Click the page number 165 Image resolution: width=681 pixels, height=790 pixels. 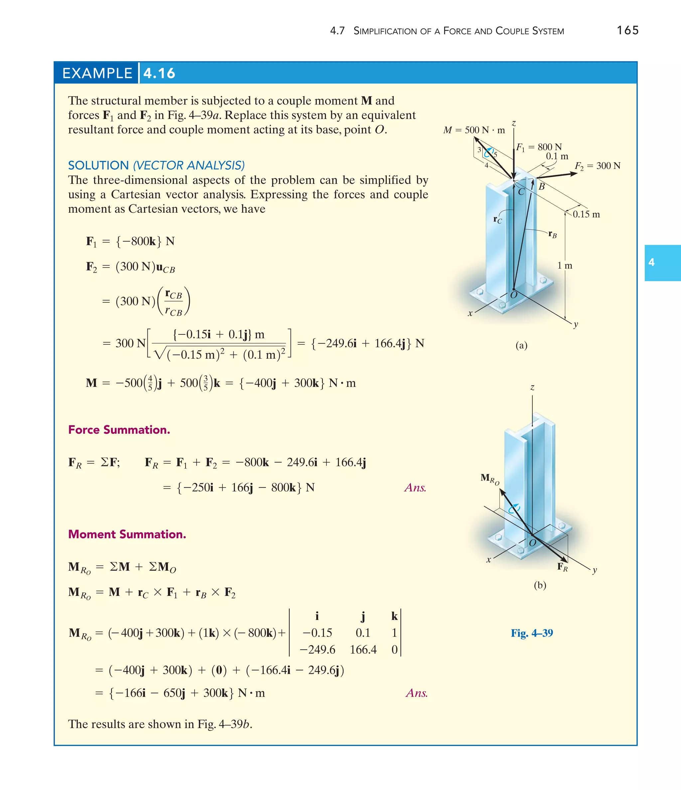tap(627, 31)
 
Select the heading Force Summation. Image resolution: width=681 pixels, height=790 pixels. tap(119, 430)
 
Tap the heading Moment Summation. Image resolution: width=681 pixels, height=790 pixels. tap(127, 534)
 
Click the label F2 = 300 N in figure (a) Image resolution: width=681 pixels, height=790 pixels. tap(598, 166)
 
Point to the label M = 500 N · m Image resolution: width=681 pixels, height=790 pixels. tap(474, 130)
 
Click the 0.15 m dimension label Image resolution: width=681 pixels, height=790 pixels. tap(586, 214)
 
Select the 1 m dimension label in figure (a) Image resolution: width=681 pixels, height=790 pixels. tap(565, 266)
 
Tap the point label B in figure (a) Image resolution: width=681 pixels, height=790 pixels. tap(541, 187)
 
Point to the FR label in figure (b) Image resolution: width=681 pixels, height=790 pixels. tap(562, 567)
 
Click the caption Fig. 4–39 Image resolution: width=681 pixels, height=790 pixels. tap(532, 633)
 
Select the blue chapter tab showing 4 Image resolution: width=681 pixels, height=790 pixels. tap(662, 263)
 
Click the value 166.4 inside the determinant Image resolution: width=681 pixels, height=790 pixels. tap(363, 650)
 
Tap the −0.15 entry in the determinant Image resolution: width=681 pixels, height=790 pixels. tap(317, 633)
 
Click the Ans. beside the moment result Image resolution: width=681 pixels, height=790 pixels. tap(417, 693)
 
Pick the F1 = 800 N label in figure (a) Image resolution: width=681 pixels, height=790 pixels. tap(539, 147)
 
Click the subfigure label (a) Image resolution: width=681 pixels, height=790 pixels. tap(521, 345)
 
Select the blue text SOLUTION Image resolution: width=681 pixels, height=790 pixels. tap(98, 166)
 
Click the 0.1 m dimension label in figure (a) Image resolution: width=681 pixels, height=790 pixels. tap(557, 156)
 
